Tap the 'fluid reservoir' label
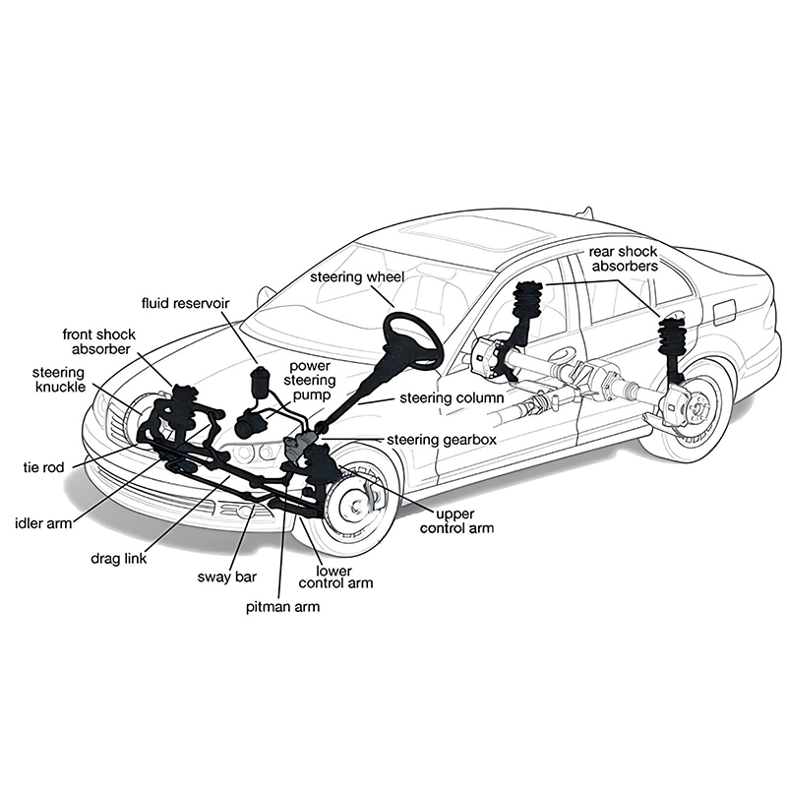(186, 303)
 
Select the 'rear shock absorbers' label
(623, 259)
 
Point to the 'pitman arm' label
(282, 607)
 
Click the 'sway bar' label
(227, 576)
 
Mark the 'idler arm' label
(44, 523)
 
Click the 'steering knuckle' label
(59, 380)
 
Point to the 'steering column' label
(451, 398)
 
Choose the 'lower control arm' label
(344, 576)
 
